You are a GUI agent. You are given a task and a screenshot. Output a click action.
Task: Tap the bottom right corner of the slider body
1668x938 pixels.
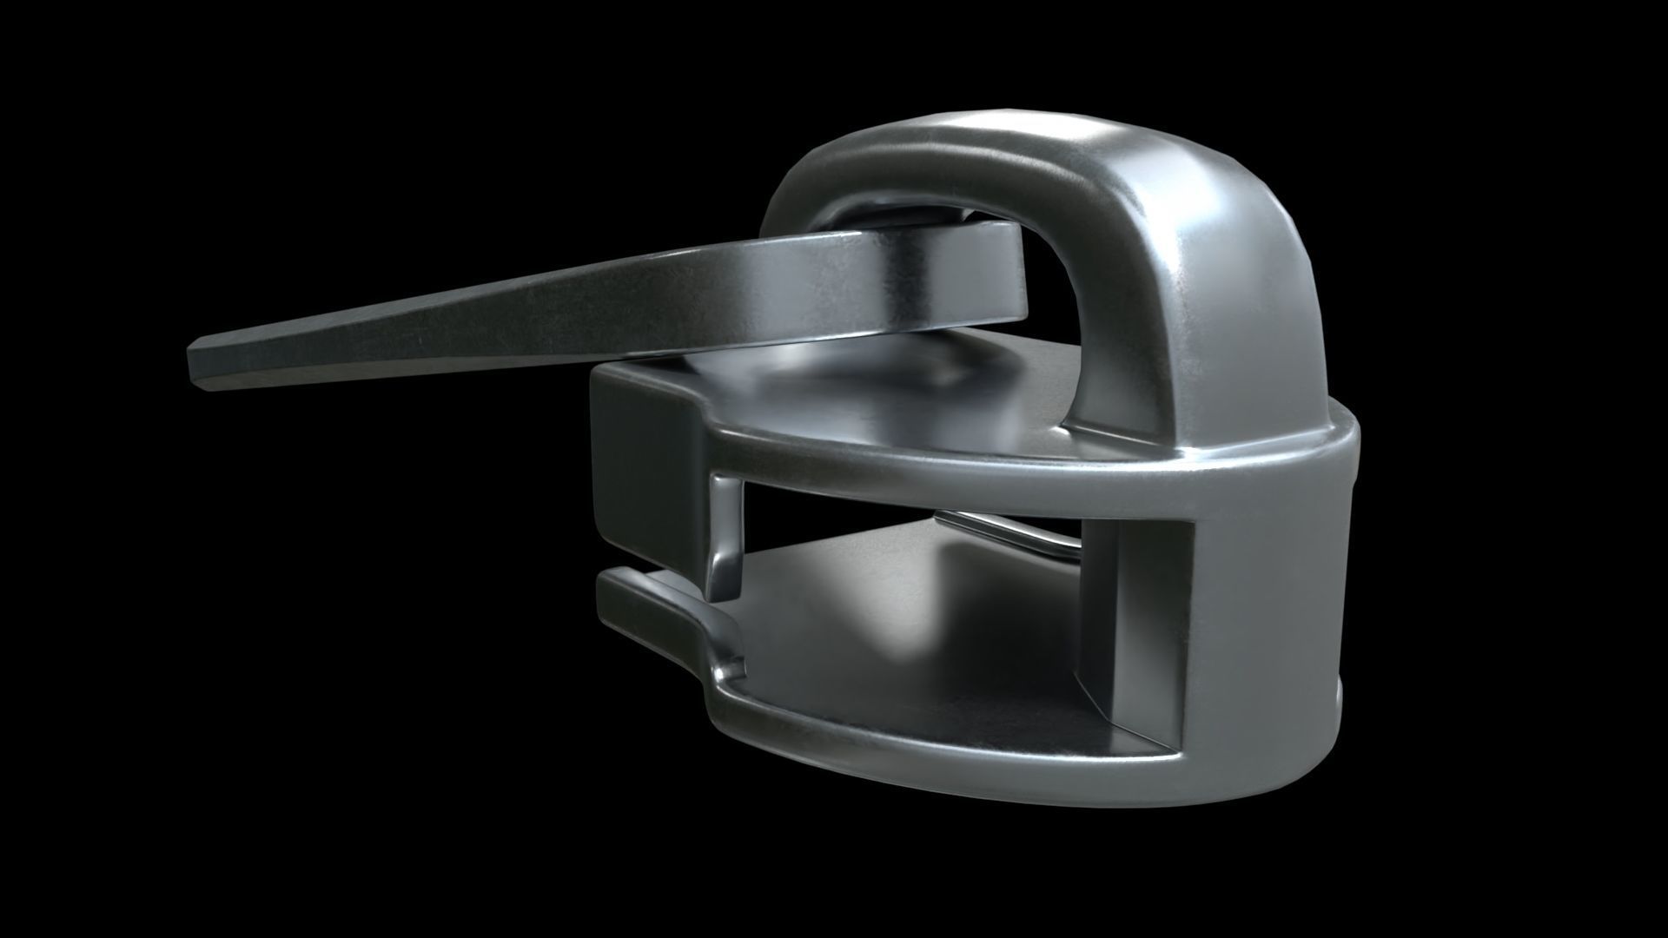click(x=1320, y=764)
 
